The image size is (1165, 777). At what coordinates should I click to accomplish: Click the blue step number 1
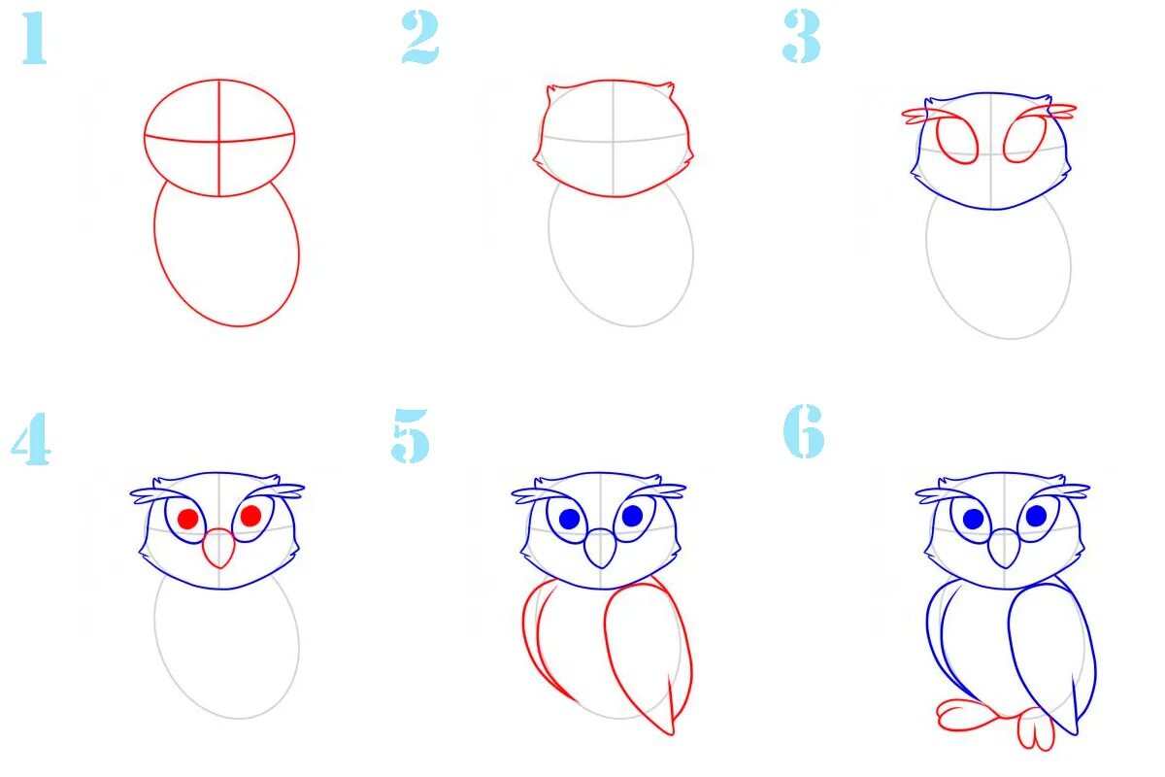pyautogui.click(x=35, y=38)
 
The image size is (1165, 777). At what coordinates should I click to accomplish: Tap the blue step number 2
pyautogui.click(x=420, y=38)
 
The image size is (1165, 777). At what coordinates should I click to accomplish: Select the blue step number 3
pyautogui.click(x=802, y=37)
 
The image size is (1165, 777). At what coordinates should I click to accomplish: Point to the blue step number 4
pyautogui.click(x=31, y=439)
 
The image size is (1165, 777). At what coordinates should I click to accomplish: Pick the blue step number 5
pyautogui.click(x=411, y=435)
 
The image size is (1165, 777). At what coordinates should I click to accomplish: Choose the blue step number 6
pyautogui.click(x=804, y=431)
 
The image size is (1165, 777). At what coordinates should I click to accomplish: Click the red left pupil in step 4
pyautogui.click(x=187, y=519)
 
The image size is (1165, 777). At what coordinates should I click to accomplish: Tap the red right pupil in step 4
pyautogui.click(x=250, y=516)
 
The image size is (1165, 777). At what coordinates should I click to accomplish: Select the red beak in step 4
pyautogui.click(x=219, y=549)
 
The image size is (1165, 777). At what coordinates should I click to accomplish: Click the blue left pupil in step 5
pyautogui.click(x=570, y=519)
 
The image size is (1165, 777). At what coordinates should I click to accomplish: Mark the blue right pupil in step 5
pyautogui.click(x=632, y=516)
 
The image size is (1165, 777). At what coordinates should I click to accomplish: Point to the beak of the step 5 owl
pyautogui.click(x=601, y=549)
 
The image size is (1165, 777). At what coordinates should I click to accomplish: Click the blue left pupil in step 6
pyautogui.click(x=973, y=519)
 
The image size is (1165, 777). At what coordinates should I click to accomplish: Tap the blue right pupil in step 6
pyautogui.click(x=1036, y=516)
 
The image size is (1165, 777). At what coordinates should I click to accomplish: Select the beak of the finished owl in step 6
pyautogui.click(x=1004, y=549)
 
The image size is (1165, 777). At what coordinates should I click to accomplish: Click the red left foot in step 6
pyautogui.click(x=966, y=715)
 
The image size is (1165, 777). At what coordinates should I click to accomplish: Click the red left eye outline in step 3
pyautogui.click(x=957, y=141)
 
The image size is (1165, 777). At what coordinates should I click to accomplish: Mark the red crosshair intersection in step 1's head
pyautogui.click(x=219, y=141)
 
